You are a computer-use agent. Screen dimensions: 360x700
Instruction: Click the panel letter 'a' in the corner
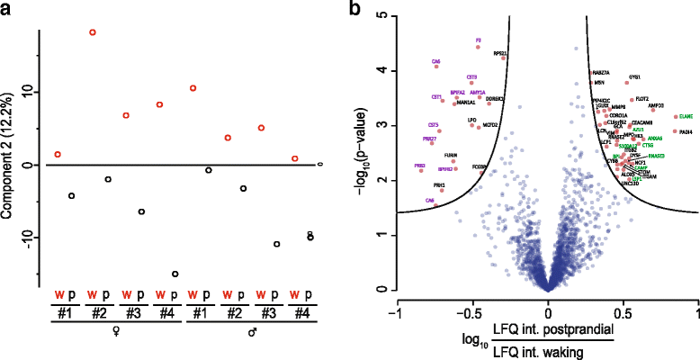click(x=6, y=8)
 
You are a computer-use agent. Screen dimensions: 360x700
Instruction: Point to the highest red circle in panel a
click(x=92, y=32)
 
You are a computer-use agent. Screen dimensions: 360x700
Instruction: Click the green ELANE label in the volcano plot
click(x=686, y=117)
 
